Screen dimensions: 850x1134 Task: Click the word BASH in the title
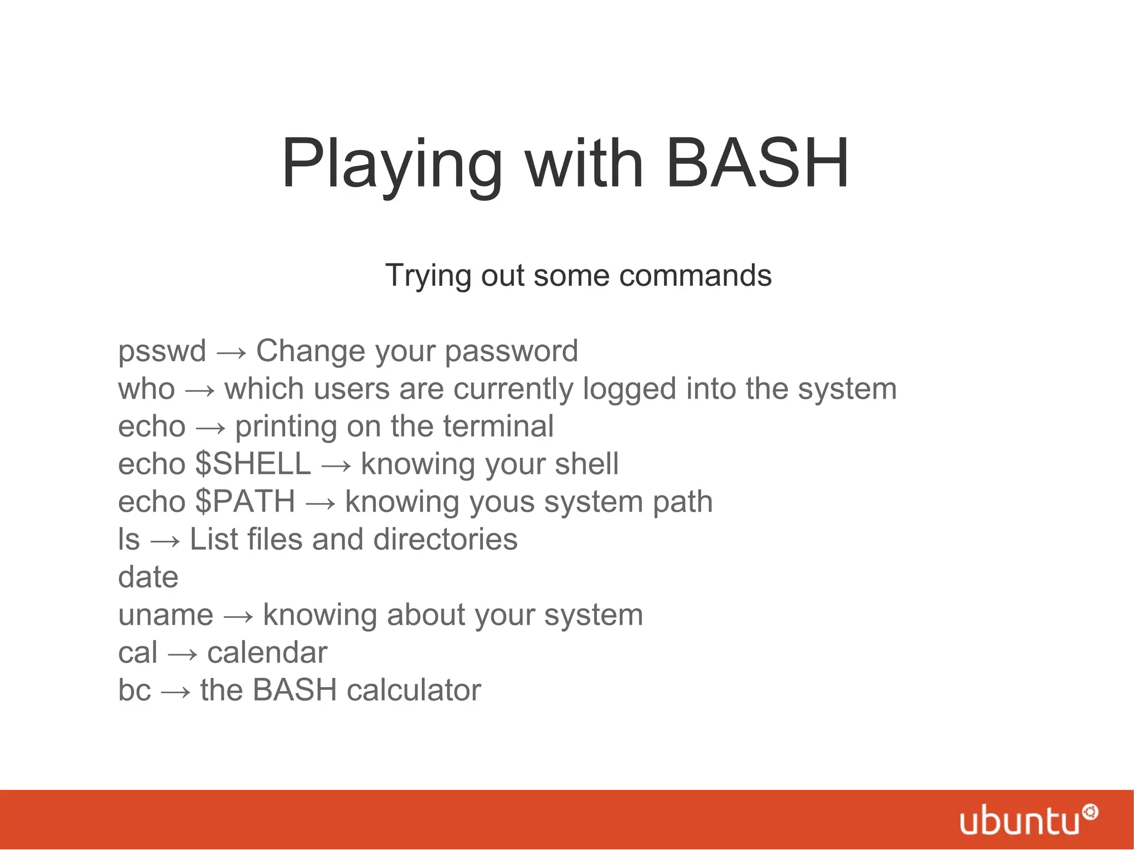(x=757, y=164)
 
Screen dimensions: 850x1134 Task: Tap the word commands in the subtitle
(x=695, y=275)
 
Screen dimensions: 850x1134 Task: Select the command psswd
(x=162, y=351)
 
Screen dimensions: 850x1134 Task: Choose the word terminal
(x=498, y=426)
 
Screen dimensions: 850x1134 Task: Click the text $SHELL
(x=253, y=463)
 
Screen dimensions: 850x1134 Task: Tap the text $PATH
(x=245, y=501)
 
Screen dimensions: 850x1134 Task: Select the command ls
(x=129, y=539)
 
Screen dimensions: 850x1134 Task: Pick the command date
(x=148, y=576)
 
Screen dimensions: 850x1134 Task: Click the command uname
(x=166, y=615)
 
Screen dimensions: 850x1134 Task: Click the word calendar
(x=267, y=652)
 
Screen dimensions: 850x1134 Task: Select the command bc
(x=134, y=690)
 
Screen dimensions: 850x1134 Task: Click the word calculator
(x=414, y=690)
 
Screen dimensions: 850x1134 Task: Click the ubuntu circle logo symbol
(x=1090, y=812)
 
